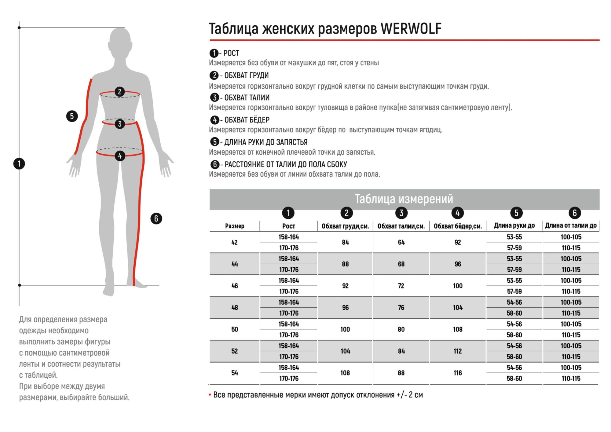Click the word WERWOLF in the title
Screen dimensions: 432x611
(x=411, y=29)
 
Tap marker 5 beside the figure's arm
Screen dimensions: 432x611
(x=72, y=116)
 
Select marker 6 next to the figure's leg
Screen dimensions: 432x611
(x=156, y=218)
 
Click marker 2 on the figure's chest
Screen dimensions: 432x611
(x=119, y=92)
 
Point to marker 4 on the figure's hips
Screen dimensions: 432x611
(x=120, y=156)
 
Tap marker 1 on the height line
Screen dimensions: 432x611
(x=19, y=164)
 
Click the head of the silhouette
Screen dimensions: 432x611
(x=120, y=43)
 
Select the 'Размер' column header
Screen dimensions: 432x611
(x=235, y=226)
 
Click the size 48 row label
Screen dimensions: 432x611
(x=235, y=308)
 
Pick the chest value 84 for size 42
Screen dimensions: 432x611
(x=345, y=242)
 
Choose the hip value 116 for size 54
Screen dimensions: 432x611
(x=458, y=373)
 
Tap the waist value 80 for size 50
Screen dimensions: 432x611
(x=401, y=329)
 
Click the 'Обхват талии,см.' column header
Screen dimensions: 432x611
(x=401, y=226)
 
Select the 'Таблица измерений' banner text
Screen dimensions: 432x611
(x=404, y=199)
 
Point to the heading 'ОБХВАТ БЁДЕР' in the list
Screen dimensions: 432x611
(x=247, y=120)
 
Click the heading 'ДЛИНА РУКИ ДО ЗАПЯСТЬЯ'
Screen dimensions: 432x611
(x=266, y=142)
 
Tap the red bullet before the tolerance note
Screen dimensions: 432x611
(x=210, y=395)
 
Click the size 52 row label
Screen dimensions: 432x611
(x=235, y=351)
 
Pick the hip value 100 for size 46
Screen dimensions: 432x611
(x=458, y=286)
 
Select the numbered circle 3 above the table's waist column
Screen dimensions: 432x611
(x=401, y=213)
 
